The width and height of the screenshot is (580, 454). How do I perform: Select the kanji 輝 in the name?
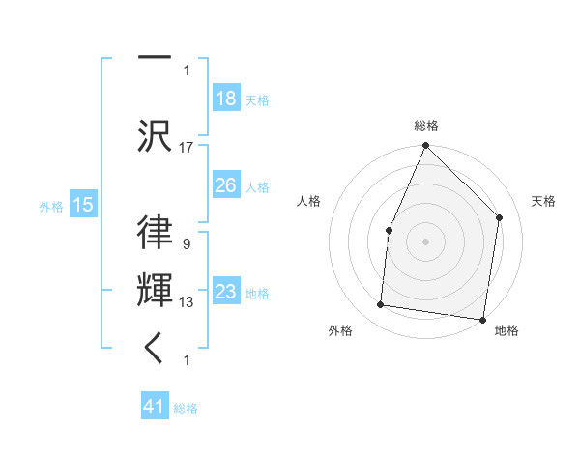[x=154, y=291]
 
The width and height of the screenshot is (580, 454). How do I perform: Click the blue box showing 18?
[x=225, y=99]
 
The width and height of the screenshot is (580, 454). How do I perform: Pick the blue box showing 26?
[x=225, y=185]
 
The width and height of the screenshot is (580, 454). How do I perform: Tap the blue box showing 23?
[x=225, y=292]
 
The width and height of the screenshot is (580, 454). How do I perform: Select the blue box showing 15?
[x=82, y=204]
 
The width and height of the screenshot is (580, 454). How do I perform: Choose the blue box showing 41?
[x=155, y=407]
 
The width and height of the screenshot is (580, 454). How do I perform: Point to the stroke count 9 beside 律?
[x=186, y=244]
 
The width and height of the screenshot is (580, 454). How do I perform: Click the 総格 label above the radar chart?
[x=426, y=126]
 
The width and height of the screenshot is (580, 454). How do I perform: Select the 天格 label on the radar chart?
[x=543, y=201]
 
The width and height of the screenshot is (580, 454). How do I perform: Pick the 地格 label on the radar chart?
[x=507, y=330]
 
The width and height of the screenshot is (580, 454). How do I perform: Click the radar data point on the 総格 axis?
[x=425, y=145]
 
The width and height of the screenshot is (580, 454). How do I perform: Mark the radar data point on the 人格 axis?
[x=389, y=230]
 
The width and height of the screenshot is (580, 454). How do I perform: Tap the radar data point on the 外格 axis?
[x=381, y=305]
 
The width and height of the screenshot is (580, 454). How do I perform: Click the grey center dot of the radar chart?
[x=425, y=241]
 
